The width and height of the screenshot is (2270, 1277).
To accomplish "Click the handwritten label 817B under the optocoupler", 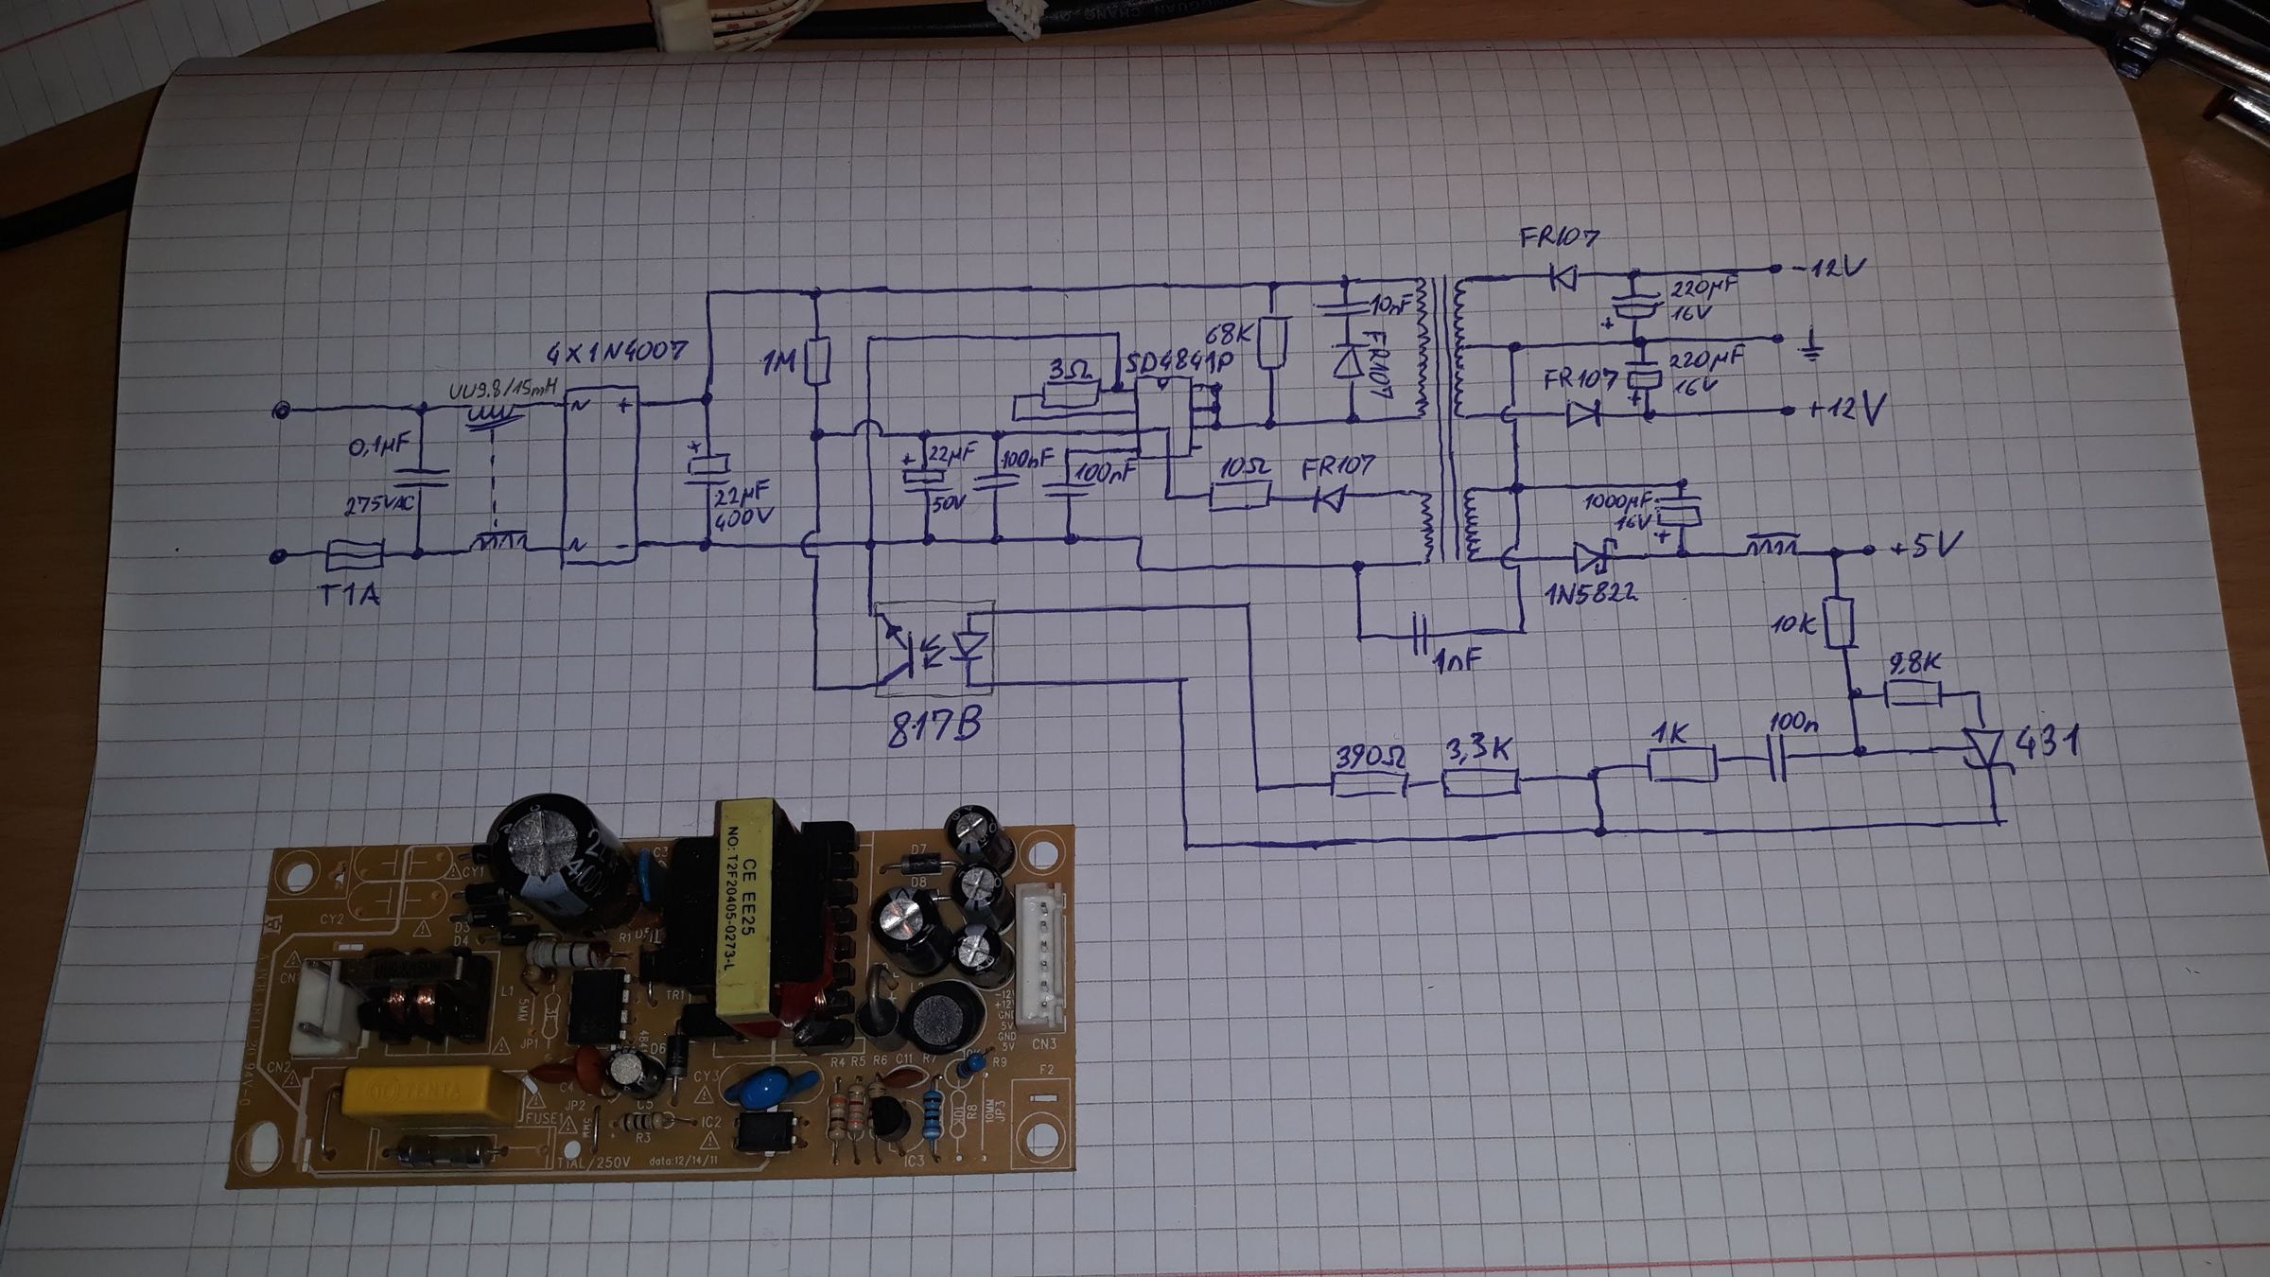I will pyautogui.click(x=934, y=726).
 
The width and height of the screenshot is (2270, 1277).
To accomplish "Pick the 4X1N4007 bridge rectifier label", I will pyautogui.click(x=616, y=352).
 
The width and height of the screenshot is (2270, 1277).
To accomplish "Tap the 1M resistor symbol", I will pyautogui.click(x=818, y=360).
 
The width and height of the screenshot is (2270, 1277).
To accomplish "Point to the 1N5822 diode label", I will pyautogui.click(x=1591, y=593).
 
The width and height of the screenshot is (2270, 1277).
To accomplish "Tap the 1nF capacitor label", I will pyautogui.click(x=1458, y=660).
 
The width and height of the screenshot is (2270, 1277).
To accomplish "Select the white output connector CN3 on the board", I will pyautogui.click(x=1043, y=955).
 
